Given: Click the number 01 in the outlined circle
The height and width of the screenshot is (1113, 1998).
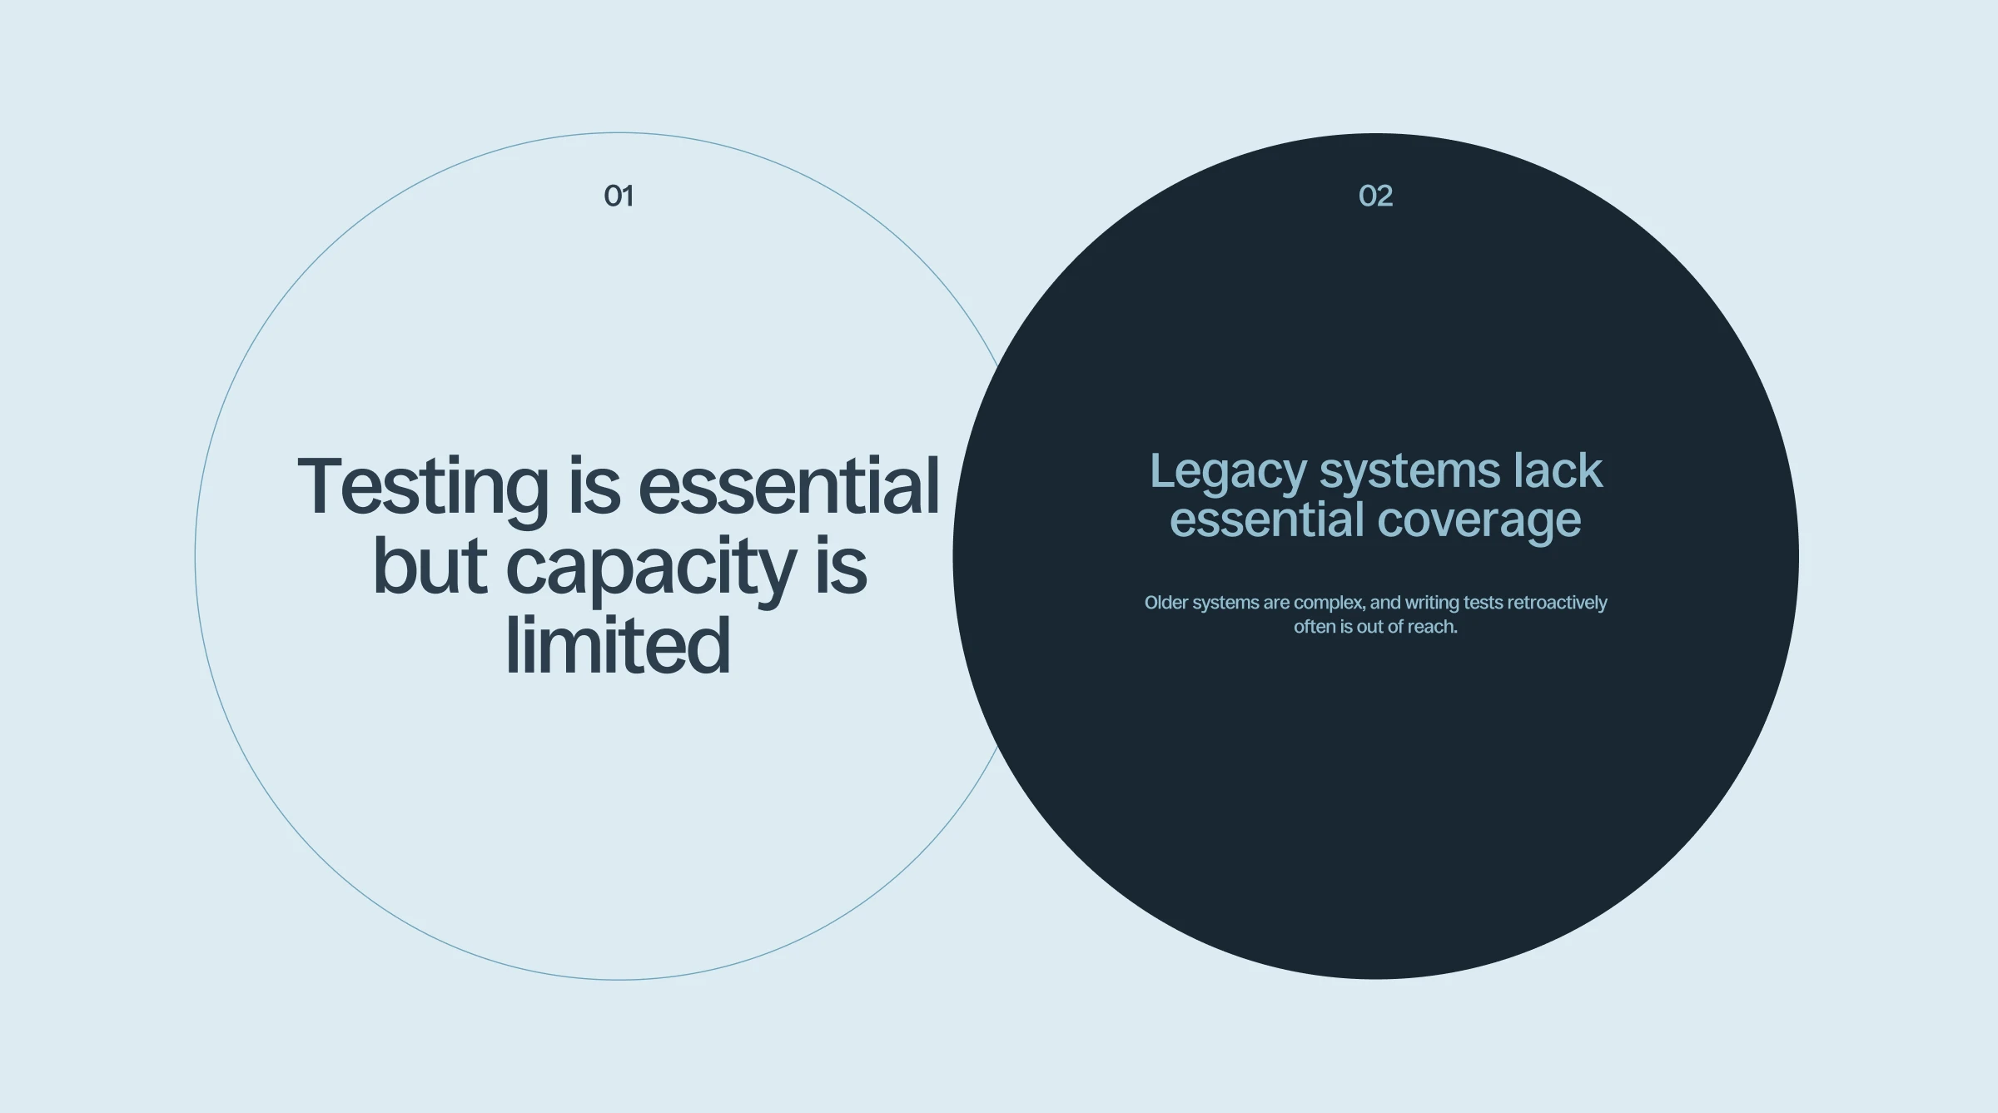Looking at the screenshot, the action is [x=619, y=196].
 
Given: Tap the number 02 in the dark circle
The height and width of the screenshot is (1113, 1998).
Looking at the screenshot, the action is [x=1375, y=196].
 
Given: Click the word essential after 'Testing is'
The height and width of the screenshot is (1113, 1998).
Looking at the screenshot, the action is [x=789, y=486].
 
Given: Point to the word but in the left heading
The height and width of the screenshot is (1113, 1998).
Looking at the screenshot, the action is [x=430, y=566].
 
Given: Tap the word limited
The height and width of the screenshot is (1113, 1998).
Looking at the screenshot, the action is [x=618, y=646].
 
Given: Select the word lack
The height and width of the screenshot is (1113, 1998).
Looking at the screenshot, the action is [x=1558, y=470].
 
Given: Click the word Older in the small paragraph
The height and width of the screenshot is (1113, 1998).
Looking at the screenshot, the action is [x=1166, y=603].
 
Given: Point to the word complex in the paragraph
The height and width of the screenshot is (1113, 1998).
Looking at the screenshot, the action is [x=1329, y=604].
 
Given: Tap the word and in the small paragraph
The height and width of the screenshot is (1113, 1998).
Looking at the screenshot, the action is [x=1385, y=603].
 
